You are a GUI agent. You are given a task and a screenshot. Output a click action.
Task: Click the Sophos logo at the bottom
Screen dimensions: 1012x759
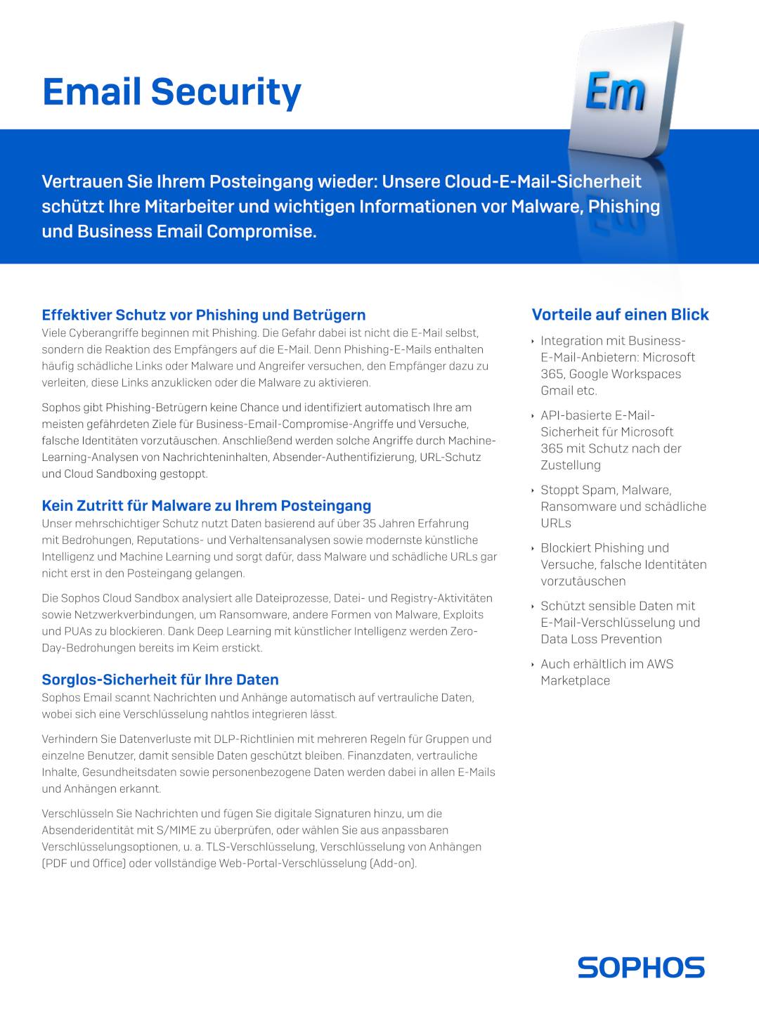[x=641, y=967]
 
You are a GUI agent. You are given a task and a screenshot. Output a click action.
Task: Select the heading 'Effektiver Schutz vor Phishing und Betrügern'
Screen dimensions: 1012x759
[x=203, y=315]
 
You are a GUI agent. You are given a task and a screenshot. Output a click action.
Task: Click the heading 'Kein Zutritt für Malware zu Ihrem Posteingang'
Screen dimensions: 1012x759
[x=206, y=506]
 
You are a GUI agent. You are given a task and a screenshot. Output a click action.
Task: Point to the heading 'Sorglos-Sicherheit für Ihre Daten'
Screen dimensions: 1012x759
[x=160, y=680]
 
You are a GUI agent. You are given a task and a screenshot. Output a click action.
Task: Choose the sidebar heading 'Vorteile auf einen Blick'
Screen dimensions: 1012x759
[x=620, y=315]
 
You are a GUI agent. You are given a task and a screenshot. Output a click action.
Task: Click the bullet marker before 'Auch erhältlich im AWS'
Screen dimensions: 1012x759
[x=533, y=665]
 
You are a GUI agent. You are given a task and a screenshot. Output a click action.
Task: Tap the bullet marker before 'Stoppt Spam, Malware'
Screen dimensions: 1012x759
[x=533, y=491]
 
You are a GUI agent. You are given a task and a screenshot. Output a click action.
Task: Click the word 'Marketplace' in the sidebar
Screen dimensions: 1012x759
[x=575, y=681]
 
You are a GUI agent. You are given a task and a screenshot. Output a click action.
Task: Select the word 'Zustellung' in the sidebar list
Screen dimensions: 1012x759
[x=571, y=465]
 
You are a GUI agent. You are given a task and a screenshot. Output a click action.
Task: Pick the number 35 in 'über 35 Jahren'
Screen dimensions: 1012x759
[x=370, y=524]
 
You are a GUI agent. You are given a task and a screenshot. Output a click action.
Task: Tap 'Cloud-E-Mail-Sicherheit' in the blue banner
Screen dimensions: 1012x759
[x=543, y=182]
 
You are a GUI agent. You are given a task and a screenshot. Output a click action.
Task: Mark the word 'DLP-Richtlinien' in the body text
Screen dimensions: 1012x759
[x=251, y=739]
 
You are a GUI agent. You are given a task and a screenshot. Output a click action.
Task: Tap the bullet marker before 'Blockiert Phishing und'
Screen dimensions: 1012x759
[x=533, y=549]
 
